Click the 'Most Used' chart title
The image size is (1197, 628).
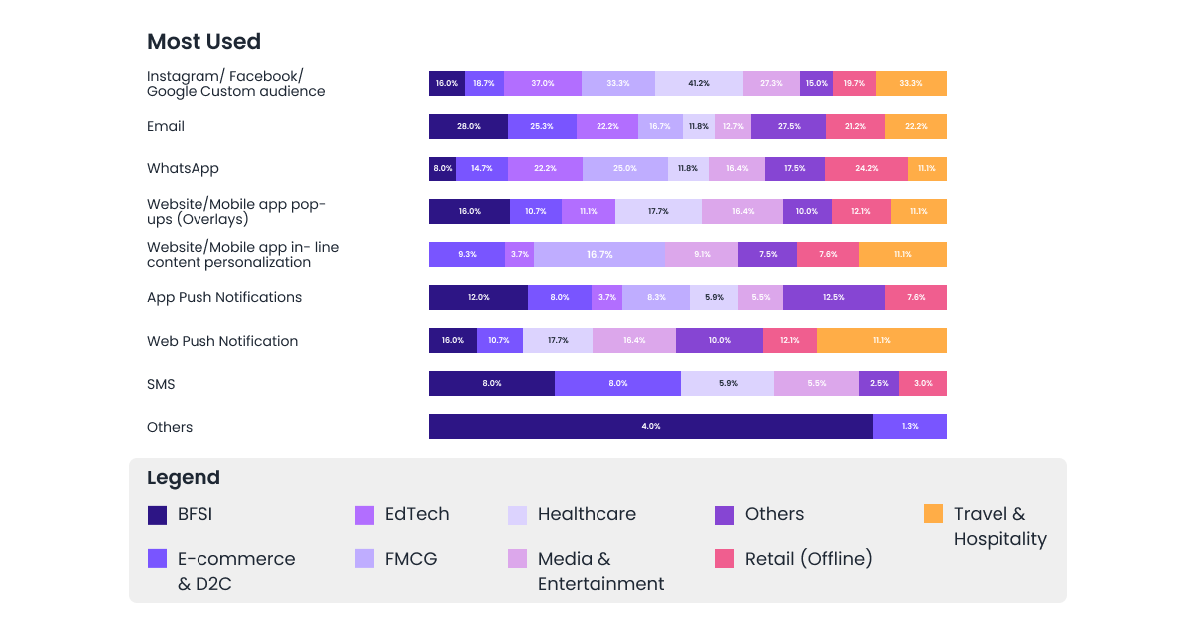point(203,42)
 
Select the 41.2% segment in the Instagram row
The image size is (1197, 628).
point(699,84)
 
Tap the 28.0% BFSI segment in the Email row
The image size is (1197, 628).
point(468,127)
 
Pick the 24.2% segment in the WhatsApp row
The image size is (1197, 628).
point(866,169)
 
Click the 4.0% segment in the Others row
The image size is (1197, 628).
point(650,427)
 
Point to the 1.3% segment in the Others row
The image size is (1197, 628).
point(909,427)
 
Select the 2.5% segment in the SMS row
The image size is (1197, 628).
point(878,384)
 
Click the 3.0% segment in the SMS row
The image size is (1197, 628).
point(923,384)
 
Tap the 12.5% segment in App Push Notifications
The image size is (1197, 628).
point(834,298)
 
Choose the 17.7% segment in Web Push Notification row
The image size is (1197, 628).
point(557,341)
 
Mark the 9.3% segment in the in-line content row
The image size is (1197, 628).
point(467,255)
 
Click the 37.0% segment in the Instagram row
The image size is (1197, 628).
point(542,84)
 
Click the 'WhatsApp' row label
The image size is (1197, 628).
point(183,169)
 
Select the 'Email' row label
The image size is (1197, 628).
point(166,127)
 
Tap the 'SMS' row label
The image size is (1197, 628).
point(161,384)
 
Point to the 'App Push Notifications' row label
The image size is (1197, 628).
point(224,298)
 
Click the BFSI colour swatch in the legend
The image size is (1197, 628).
point(157,515)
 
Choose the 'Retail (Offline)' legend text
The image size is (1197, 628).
point(808,559)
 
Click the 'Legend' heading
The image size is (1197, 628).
point(184,477)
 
